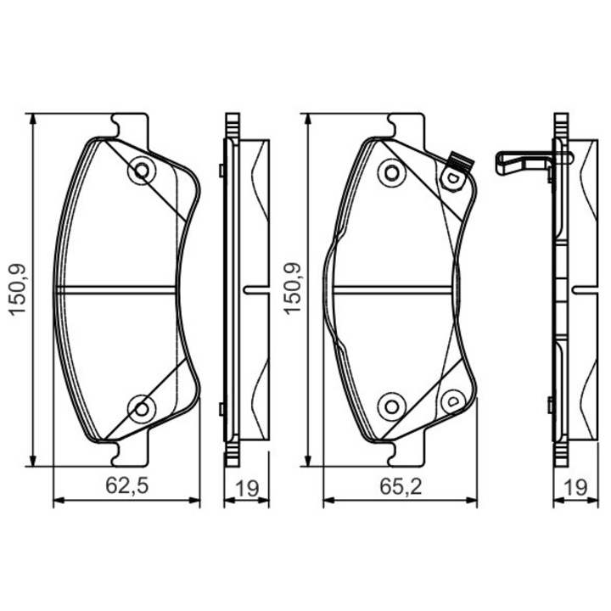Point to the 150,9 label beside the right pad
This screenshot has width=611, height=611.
point(293,289)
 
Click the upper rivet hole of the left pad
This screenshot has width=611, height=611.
point(140,171)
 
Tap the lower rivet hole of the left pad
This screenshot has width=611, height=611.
point(140,409)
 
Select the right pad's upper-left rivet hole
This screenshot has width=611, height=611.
point(391,172)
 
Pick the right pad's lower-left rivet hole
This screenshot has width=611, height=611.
point(391,406)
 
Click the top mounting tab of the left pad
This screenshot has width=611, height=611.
point(131,125)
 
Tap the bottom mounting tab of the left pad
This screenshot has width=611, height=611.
point(131,455)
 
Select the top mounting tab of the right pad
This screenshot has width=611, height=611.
point(406,125)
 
